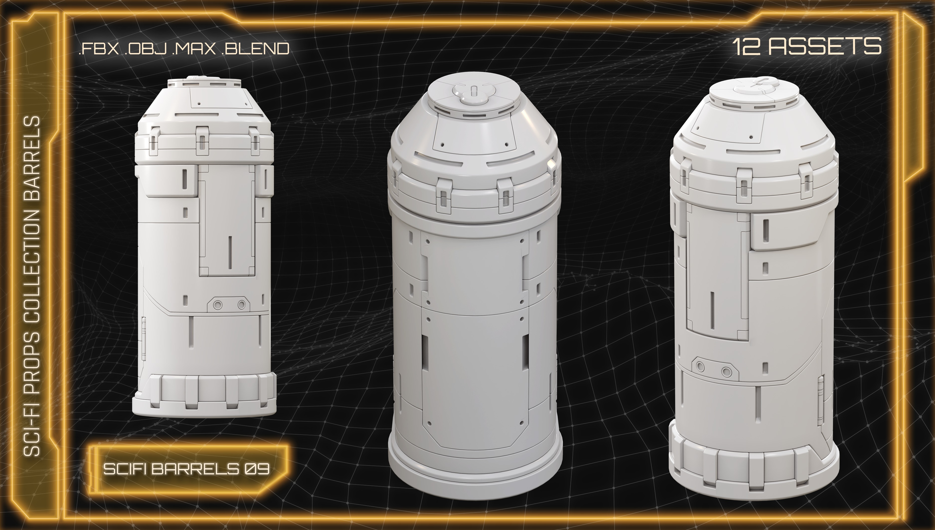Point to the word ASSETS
pyautogui.click(x=821, y=47)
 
